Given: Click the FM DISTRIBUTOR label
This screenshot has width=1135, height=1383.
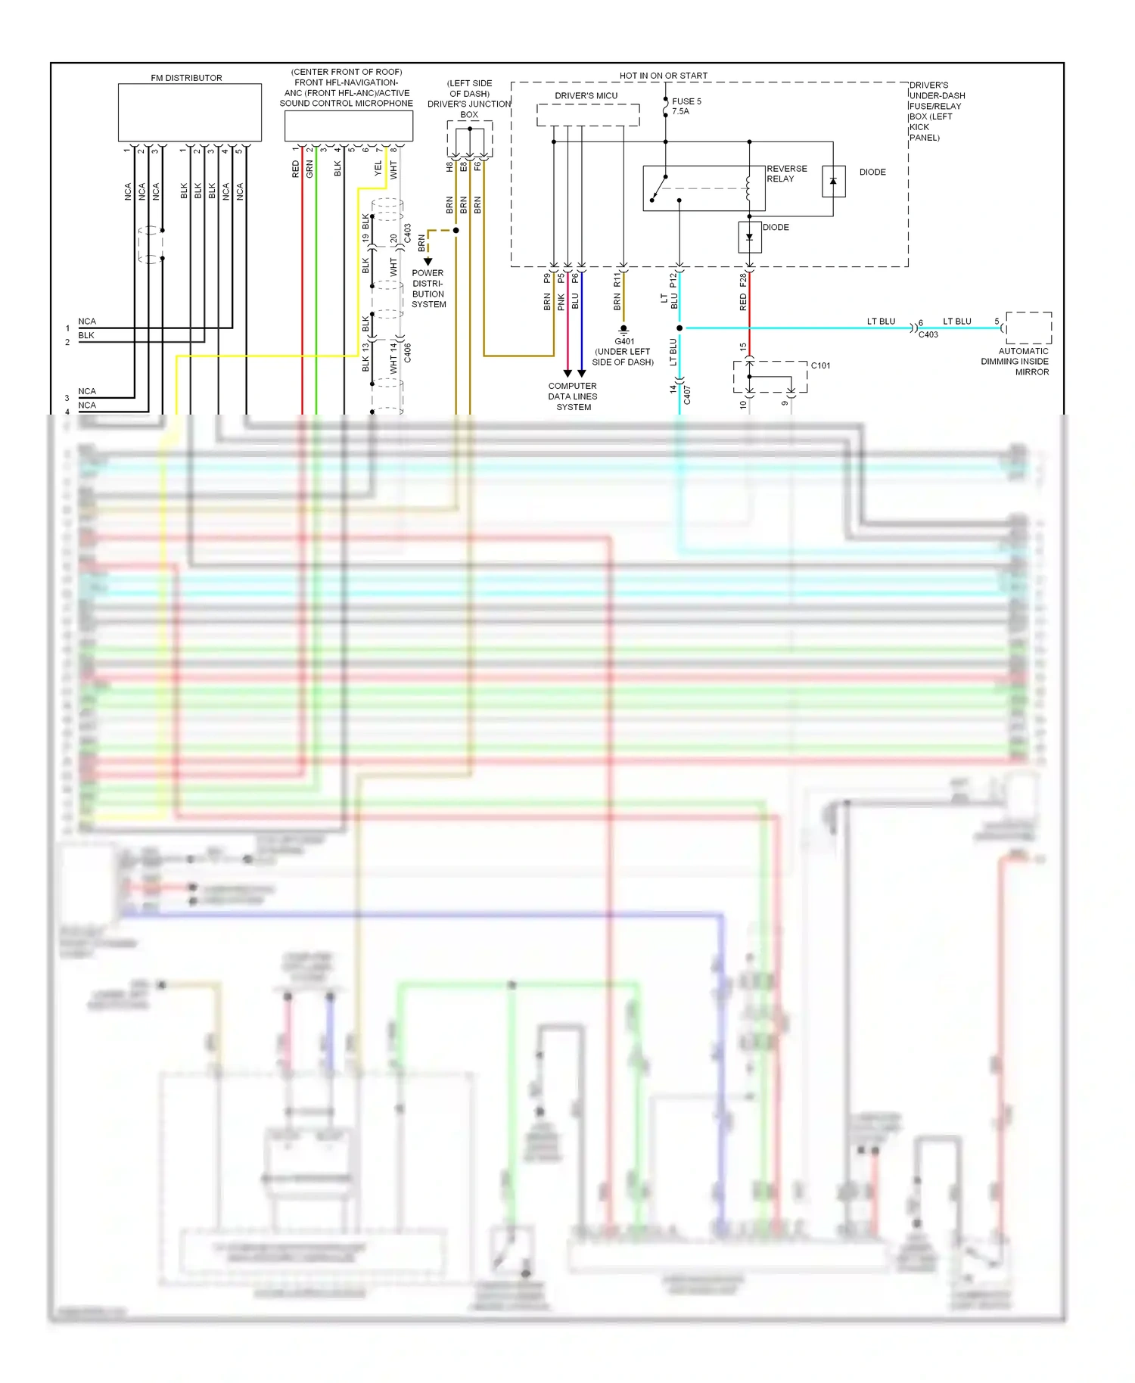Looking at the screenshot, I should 186,78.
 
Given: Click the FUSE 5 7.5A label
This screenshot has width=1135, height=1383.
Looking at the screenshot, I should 686,106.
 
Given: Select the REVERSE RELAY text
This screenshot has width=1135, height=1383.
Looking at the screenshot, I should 786,174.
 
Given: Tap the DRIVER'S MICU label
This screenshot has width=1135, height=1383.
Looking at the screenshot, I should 586,96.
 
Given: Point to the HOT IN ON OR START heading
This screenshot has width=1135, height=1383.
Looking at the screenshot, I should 663,76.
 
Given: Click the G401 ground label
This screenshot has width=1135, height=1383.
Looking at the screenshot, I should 624,341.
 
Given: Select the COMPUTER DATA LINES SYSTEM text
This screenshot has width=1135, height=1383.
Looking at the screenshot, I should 573,396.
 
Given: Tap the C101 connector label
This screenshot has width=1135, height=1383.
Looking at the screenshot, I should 820,365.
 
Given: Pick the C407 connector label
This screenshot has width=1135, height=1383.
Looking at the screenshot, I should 687,395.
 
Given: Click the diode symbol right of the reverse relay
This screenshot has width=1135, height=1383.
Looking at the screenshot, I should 833,182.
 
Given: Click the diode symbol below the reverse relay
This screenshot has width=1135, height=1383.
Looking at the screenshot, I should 749,237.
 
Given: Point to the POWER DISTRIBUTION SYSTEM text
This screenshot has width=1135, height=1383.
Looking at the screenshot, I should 428,289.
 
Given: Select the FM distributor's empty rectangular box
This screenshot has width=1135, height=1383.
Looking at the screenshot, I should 189,112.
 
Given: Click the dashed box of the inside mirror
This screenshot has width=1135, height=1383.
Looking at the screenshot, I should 1028,328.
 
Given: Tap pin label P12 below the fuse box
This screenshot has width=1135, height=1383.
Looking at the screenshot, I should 673,279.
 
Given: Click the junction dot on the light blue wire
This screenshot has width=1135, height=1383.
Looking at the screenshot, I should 679,328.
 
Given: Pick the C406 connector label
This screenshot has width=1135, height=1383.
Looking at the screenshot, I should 408,353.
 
